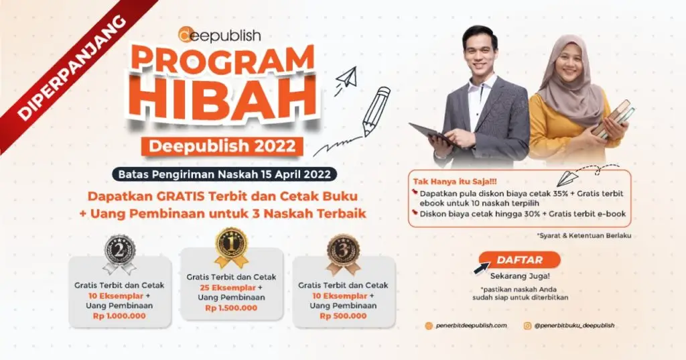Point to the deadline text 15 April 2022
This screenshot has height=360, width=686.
301,174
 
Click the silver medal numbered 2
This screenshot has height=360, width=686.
119,253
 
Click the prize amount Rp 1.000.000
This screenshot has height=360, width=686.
119,316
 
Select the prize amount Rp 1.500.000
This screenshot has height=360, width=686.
232,308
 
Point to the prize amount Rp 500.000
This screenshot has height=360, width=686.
344,315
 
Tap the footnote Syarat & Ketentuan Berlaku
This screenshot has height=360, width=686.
584,235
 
